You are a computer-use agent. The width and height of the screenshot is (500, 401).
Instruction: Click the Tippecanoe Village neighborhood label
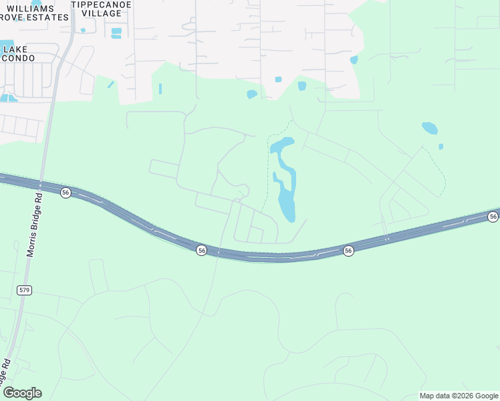101,8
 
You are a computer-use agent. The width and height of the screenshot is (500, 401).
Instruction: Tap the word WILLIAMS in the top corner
30,8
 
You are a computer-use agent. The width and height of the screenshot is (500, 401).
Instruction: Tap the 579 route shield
25,290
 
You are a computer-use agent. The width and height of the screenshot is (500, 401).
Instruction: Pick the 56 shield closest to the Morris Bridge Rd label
65,192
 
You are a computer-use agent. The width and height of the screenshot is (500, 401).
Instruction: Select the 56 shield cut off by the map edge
493,217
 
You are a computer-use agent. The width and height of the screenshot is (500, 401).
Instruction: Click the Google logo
22,392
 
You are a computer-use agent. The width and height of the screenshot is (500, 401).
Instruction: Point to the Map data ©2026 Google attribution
459,396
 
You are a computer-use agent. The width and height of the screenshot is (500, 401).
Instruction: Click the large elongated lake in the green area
286,188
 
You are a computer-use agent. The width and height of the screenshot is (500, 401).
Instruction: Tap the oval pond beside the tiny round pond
430,128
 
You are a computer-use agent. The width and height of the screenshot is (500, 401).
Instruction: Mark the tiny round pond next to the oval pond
441,146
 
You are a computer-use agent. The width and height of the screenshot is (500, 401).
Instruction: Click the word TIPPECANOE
101,4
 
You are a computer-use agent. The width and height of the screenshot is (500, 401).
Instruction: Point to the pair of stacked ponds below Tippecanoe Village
116,33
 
